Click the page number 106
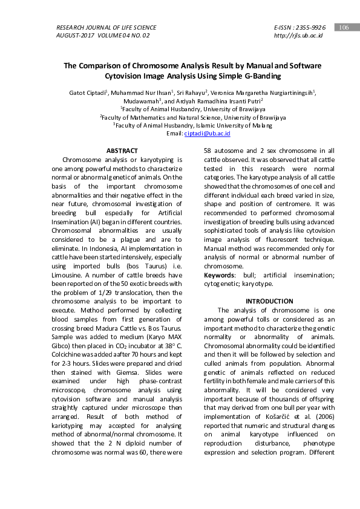tap(343, 28)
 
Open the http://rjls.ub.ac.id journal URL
tap(298, 36)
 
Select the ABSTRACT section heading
tap(122, 151)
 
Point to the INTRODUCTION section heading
tap(269, 301)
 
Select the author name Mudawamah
tap(140, 101)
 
